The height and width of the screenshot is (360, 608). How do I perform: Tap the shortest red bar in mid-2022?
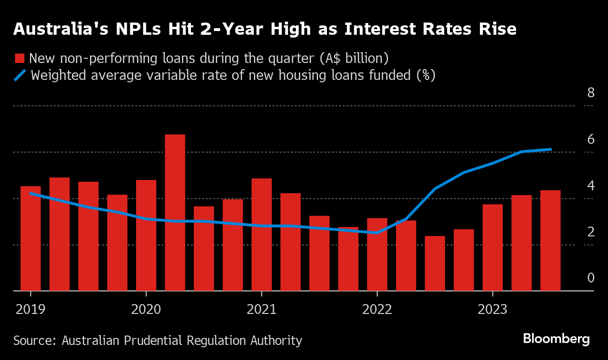435,263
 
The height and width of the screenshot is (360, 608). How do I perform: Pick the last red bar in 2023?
550,240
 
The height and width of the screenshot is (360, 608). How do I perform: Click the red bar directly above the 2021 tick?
261,235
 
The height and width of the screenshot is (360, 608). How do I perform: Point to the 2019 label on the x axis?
30,309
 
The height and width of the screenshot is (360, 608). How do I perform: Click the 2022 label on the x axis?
377,309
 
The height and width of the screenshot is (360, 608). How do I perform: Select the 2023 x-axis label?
493,309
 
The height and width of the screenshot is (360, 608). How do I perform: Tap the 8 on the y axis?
591,93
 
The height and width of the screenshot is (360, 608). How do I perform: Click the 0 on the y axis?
591,278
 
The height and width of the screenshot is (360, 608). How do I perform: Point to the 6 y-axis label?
591,140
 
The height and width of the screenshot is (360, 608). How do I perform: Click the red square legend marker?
19,59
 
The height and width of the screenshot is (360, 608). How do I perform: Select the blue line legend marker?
20,75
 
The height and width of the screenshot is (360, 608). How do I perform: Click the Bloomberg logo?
556,339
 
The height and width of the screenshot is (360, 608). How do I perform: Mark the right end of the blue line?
550,149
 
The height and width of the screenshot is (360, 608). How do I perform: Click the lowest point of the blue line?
377,233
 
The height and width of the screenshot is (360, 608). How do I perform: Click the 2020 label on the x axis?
146,309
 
